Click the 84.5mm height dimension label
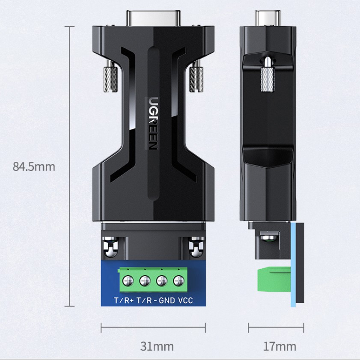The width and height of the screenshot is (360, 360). tap(34, 167)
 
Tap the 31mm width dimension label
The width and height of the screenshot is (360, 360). tap(157, 346)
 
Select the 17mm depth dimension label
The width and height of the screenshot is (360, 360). tap(280, 346)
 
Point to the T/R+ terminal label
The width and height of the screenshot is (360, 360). tap(124, 300)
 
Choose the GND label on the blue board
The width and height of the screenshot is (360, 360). tap(167, 300)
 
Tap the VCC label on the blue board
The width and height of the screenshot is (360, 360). tap(185, 300)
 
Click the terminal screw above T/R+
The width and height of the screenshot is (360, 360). tap(128, 280)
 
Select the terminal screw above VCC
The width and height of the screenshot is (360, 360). tap(179, 280)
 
